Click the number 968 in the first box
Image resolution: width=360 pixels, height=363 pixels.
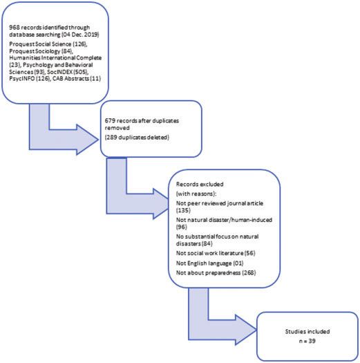15,28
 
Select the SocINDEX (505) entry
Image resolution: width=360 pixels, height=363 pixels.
68,72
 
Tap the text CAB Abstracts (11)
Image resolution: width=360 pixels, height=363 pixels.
77,79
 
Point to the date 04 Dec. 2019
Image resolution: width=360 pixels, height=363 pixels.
81,35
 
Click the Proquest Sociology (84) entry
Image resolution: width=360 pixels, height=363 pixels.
41,51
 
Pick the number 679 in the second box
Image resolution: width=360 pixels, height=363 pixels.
110,120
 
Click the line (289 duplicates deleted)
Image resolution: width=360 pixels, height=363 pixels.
137,138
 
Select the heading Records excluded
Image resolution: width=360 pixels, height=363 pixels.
200,185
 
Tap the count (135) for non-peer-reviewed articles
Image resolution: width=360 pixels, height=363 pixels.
183,210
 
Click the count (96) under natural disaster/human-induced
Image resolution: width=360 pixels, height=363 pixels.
182,227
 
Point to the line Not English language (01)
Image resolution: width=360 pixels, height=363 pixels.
209,263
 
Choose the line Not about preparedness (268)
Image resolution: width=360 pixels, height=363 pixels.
216,272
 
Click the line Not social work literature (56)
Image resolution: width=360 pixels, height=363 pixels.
216,253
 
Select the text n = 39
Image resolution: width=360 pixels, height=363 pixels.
307,341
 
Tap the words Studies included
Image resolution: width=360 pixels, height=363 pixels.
307,331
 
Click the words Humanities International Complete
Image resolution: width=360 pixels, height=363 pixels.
55,57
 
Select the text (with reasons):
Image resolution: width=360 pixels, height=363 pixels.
196,194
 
